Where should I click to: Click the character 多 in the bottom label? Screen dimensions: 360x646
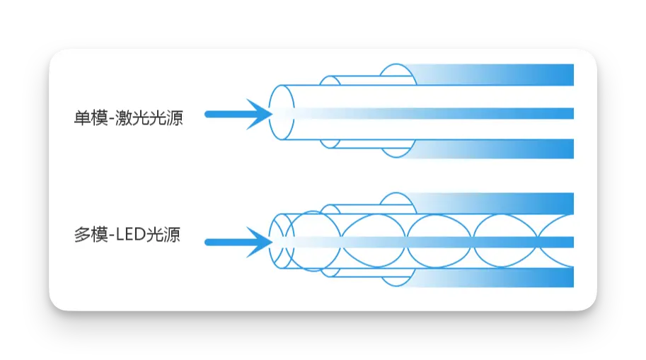click(81, 235)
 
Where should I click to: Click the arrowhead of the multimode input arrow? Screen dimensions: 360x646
click(259, 243)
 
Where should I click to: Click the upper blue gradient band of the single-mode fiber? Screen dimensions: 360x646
click(509, 74)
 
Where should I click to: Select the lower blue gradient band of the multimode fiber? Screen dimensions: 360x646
click(509, 278)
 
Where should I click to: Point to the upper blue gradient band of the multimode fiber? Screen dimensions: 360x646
click(509, 203)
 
